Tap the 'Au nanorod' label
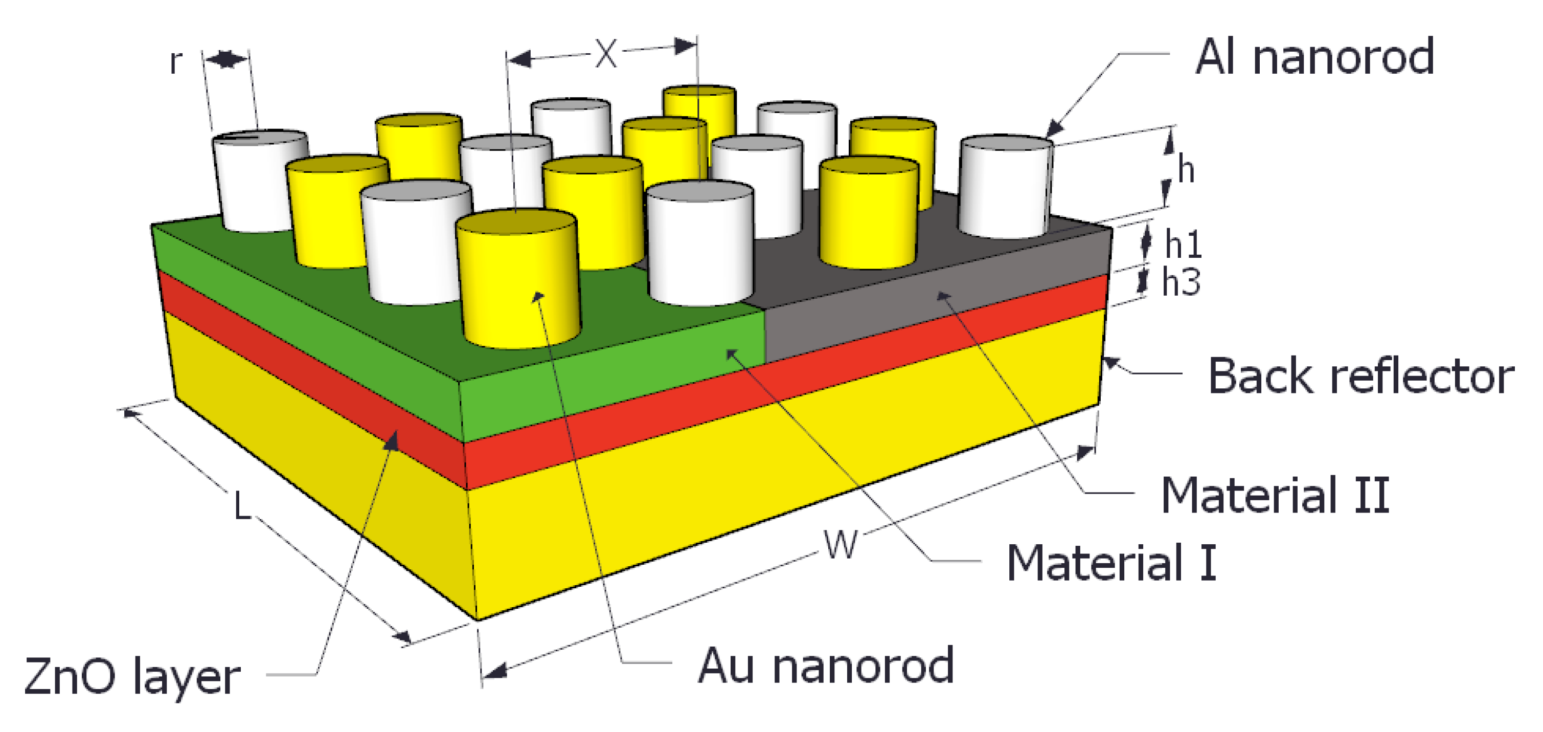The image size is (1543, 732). [825, 666]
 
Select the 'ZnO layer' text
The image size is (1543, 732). [132, 676]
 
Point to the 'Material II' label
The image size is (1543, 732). [1275, 495]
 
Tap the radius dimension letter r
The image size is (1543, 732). [175, 61]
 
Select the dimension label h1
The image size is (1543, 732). [1183, 244]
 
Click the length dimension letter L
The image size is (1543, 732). [241, 506]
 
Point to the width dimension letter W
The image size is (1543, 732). [841, 544]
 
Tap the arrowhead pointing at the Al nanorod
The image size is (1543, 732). [1054, 129]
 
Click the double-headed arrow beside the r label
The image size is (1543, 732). [226, 59]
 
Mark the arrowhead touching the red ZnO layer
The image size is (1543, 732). [392, 440]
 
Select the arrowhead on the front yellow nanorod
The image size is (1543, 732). [538, 296]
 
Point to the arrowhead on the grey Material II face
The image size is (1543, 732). [943, 295]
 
